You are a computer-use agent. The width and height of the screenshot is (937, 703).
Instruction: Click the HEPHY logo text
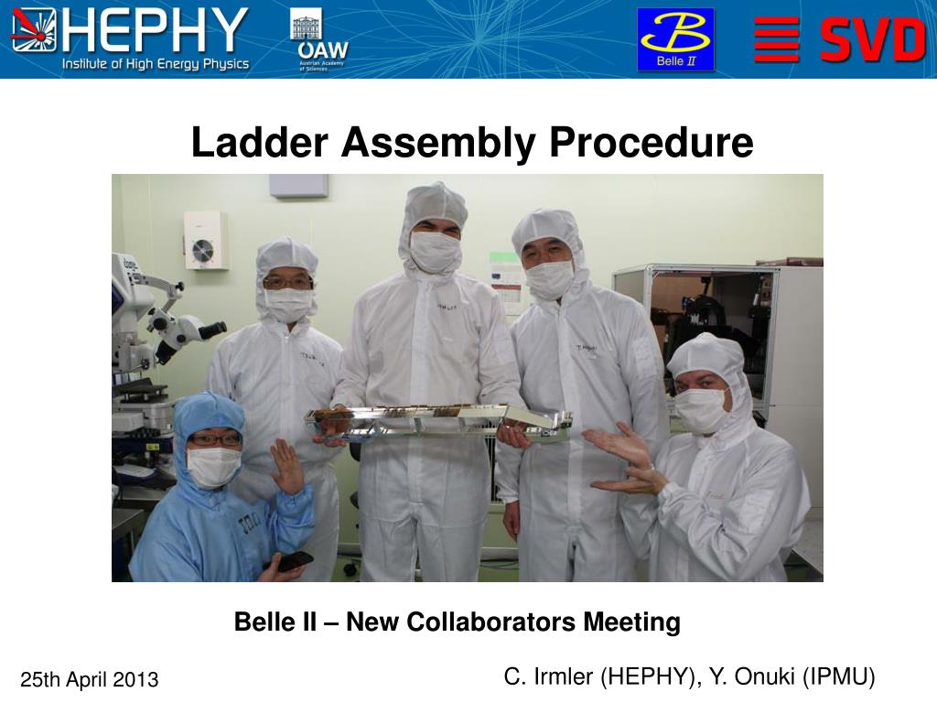(155, 30)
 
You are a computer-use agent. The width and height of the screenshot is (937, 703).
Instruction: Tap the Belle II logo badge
(675, 39)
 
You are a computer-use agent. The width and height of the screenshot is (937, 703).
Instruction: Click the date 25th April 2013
(90, 679)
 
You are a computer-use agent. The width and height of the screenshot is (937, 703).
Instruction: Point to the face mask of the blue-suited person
(212, 466)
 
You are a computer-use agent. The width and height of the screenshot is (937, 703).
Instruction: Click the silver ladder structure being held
(439, 420)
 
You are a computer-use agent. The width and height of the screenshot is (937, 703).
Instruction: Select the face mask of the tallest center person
(435, 251)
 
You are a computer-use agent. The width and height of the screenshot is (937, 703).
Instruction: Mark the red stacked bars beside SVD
(777, 40)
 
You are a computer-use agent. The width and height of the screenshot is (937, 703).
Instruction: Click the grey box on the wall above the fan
(298, 185)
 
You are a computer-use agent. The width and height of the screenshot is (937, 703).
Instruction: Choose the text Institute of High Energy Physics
(156, 64)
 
